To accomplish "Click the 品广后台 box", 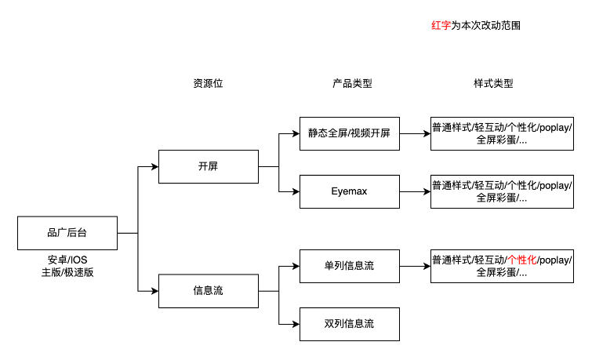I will [68, 233].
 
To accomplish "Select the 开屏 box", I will [208, 166].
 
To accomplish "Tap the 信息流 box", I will [208, 291].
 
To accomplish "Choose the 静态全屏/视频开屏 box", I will [349, 134].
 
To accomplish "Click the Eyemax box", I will [349, 191].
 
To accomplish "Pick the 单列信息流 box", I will [349, 266].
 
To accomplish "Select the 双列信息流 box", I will [349, 322].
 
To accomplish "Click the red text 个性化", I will [521, 260].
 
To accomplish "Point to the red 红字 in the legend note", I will [441, 26].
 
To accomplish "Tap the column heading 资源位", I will [208, 83].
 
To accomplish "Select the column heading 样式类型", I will [493, 83].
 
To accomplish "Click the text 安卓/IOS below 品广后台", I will [68, 260].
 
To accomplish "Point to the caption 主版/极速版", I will [68, 272].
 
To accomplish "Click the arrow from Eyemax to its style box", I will [415, 191].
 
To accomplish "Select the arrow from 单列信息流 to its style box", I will [415, 266].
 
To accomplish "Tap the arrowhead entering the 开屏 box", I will [154, 166].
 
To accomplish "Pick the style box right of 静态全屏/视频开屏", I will [502, 134].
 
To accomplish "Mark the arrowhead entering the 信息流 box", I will [154, 291].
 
